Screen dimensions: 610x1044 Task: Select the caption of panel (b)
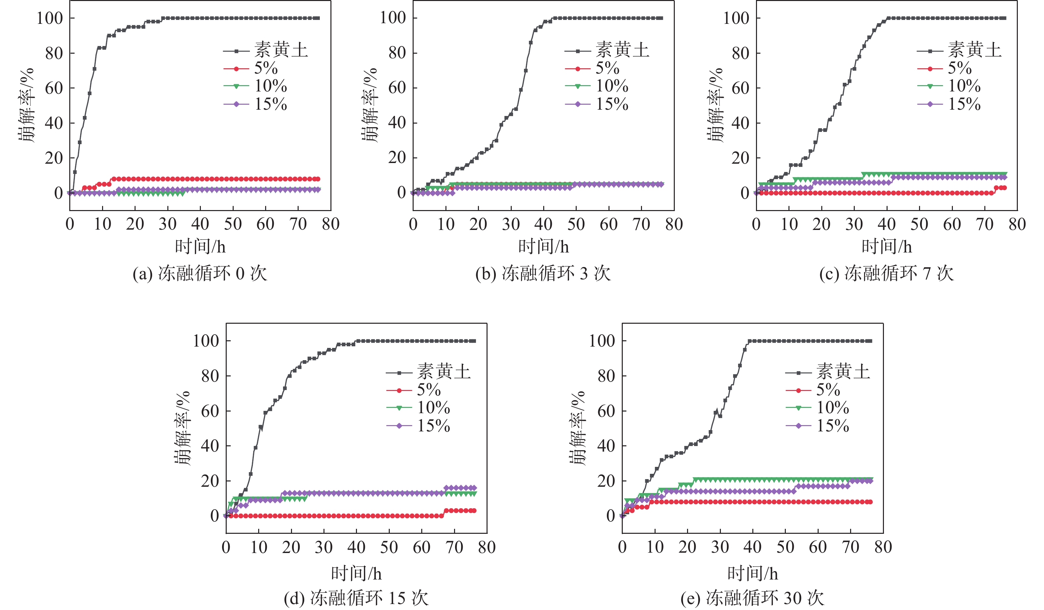tap(543, 274)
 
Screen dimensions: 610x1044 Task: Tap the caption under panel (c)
tap(887, 274)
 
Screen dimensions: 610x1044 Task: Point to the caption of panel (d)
tap(356, 598)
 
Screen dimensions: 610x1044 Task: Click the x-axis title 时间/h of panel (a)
tap(200, 247)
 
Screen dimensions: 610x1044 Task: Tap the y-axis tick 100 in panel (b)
tap(393, 18)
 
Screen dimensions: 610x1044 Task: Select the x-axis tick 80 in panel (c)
tap(1017, 224)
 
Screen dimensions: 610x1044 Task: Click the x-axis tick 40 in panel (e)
tap(752, 547)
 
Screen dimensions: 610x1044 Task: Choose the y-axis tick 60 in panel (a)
tap(54, 88)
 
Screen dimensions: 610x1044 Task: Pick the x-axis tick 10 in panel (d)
tap(259, 547)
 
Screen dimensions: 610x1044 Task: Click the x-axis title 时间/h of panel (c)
tap(887, 247)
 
